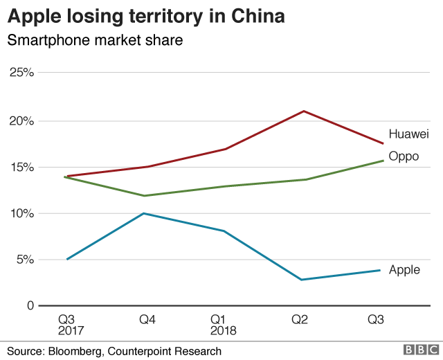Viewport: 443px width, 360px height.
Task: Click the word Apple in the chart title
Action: (34, 16)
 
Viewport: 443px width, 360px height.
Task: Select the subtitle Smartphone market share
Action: (95, 41)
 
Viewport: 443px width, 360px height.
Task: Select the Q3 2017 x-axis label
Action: (67, 325)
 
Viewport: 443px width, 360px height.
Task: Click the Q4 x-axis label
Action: (146, 319)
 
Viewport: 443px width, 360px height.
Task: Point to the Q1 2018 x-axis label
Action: (223, 325)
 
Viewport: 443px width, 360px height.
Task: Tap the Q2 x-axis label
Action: (300, 319)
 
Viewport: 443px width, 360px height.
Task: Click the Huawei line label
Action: (409, 134)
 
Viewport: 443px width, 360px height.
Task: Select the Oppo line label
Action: (404, 156)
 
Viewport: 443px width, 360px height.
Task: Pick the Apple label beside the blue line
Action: (404, 269)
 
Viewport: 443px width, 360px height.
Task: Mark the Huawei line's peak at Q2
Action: (302, 111)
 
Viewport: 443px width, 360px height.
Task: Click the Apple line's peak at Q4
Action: (143, 213)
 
